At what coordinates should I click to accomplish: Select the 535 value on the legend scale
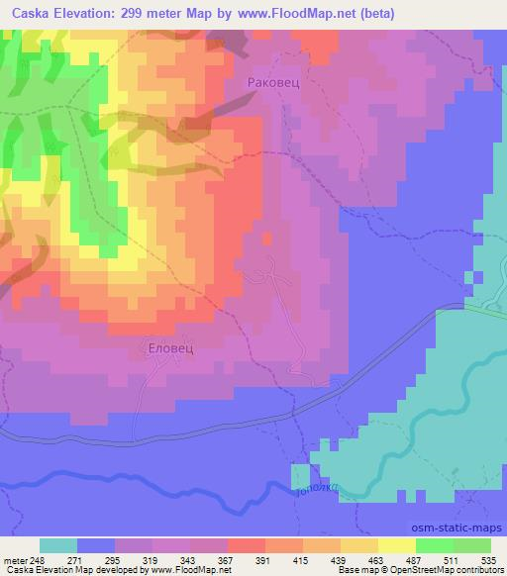tap(489, 559)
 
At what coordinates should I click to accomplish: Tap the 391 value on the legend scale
tap(264, 559)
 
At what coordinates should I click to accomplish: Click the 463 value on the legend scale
tap(377, 559)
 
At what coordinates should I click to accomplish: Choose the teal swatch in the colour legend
tap(58, 545)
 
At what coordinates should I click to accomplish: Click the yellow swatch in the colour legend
tap(397, 545)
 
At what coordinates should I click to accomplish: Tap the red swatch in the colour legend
tap(247, 545)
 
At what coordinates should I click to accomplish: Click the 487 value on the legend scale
tap(415, 559)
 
